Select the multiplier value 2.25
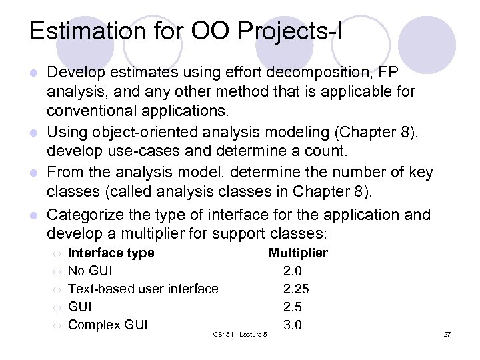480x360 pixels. (296, 289)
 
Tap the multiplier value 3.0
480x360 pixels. (293, 325)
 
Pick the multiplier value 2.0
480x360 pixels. (293, 271)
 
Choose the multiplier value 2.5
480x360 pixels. (293, 307)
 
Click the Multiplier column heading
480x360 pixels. (298, 253)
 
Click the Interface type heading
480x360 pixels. (111, 253)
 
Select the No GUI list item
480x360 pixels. (90, 271)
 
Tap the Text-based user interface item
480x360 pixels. (143, 289)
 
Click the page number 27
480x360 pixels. (447, 333)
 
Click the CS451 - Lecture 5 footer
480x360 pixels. (240, 333)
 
